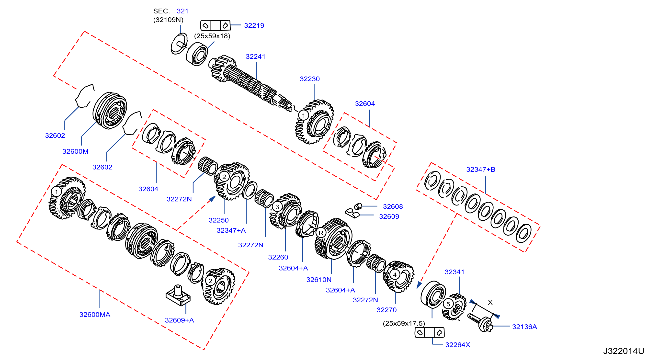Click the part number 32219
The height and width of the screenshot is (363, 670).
point(254,25)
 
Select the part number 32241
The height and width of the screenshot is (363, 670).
point(255,57)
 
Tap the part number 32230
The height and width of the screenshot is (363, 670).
point(309,79)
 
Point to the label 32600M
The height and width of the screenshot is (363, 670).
point(75,151)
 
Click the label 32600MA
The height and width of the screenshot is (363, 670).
point(95,314)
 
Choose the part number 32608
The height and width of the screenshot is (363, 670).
point(393,206)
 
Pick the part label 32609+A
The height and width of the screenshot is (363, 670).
point(180,320)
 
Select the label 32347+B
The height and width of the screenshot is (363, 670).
point(481,169)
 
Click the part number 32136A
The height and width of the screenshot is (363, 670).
point(524,327)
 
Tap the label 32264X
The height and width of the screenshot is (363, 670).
point(458,345)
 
